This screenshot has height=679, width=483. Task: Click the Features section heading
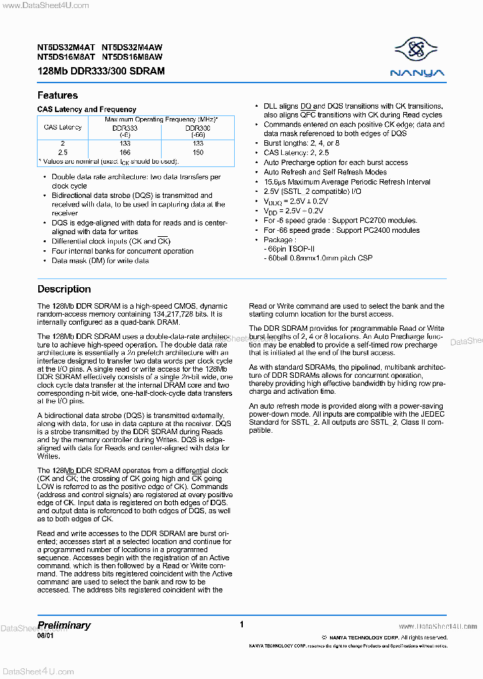[58, 95]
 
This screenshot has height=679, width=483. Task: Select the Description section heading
[64, 289]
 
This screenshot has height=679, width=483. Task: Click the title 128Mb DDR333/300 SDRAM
[101, 71]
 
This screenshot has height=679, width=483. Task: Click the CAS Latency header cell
[63, 127]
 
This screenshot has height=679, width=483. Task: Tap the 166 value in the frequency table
[125, 152]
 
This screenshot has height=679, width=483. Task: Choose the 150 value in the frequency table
[198, 152]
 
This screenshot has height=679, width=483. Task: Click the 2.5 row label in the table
[63, 152]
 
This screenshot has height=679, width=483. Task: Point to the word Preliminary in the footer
[64, 625]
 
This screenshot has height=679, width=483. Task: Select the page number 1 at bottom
[241, 625]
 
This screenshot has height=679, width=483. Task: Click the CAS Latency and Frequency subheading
[87, 109]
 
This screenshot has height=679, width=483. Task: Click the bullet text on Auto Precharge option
[335, 162]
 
